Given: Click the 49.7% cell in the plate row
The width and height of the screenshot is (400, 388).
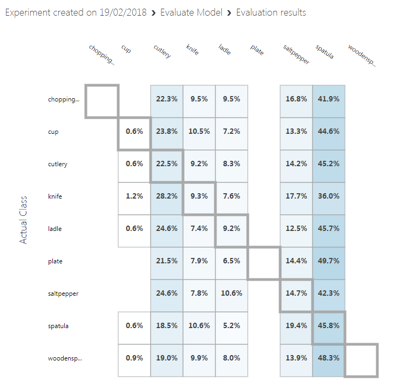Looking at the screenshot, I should click(x=329, y=261).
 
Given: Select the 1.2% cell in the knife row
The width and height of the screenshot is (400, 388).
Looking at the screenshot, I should click(x=134, y=196).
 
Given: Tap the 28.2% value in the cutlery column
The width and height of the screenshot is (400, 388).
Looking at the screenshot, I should click(x=167, y=196).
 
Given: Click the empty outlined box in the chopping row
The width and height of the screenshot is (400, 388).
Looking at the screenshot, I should click(x=102, y=101).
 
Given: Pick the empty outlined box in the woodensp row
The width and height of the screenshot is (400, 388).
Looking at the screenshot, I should click(x=361, y=360).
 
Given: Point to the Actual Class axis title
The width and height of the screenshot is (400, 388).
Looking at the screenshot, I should click(x=23, y=220).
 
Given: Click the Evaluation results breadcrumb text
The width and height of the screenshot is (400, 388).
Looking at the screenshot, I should click(x=271, y=12).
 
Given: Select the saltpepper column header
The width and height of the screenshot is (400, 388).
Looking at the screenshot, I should click(x=296, y=55).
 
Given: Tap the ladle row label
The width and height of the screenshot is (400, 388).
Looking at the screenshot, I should click(x=55, y=229).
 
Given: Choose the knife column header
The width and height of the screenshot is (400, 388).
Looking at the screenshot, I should click(x=192, y=50).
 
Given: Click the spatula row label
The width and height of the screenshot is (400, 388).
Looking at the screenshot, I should click(x=57, y=326).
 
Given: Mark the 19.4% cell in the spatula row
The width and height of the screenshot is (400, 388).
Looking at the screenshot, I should click(x=296, y=326).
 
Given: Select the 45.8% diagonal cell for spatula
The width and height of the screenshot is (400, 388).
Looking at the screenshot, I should click(x=329, y=326).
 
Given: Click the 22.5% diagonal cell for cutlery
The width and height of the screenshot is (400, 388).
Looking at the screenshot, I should click(x=167, y=164).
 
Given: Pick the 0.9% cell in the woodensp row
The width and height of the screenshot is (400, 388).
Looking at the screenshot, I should click(x=134, y=358).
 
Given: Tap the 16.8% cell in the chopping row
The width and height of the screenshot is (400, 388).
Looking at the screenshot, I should click(x=296, y=99).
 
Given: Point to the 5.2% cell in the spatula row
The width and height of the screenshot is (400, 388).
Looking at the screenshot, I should click(x=232, y=326).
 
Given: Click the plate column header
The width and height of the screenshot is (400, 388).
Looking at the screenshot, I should click(x=256, y=50).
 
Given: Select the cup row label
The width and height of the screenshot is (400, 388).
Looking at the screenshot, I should click(x=53, y=132).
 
